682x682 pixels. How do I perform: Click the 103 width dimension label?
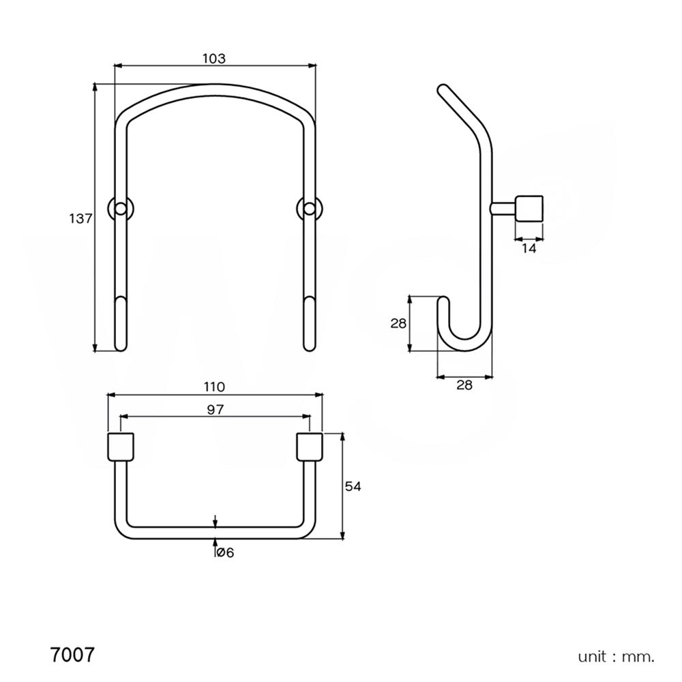[213, 59]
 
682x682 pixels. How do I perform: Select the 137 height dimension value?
[80, 219]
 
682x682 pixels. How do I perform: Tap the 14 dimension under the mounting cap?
[529, 249]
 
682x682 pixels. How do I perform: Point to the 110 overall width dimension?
[213, 387]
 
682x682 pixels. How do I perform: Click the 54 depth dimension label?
[352, 486]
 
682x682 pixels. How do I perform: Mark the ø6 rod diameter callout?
[224, 552]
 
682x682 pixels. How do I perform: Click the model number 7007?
[72, 655]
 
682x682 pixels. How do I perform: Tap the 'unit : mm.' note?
[616, 657]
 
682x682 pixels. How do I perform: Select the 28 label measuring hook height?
[398, 323]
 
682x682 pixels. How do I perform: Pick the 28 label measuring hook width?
[464, 385]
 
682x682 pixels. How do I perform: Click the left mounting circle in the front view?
[121, 208]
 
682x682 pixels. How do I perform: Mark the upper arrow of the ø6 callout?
[216, 521]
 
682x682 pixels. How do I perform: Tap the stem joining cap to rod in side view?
[503, 208]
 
